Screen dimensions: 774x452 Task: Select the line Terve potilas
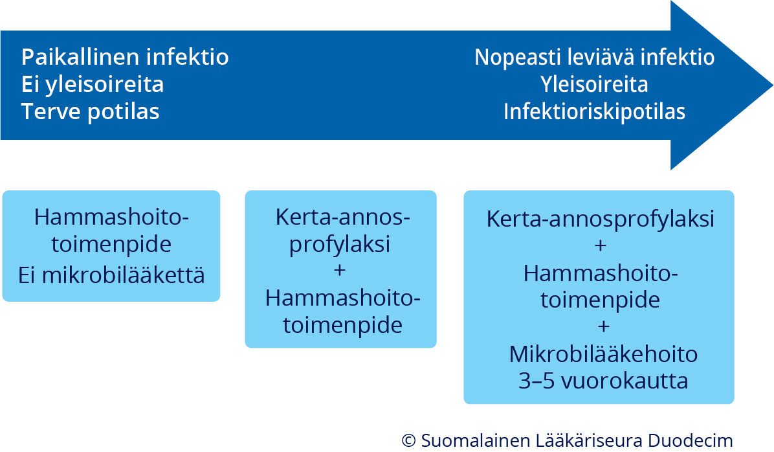click(91, 111)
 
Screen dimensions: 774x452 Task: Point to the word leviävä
click(601, 57)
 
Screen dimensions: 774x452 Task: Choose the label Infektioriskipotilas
click(594, 111)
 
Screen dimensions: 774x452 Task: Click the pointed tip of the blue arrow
click(772, 85)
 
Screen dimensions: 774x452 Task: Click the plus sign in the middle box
click(340, 270)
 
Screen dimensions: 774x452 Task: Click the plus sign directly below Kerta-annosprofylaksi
click(601, 245)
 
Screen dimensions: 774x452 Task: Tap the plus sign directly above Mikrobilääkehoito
click(603, 326)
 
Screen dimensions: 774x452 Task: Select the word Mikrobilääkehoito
click(603, 354)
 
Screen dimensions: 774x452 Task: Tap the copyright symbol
click(408, 440)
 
